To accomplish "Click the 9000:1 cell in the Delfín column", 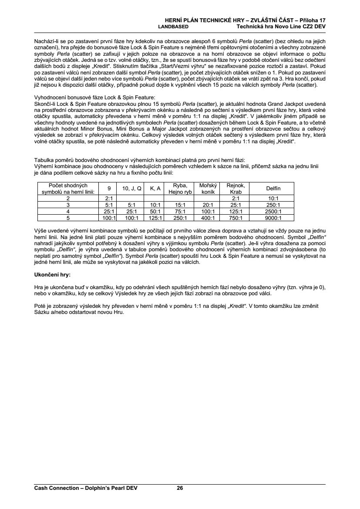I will click(x=273, y=218).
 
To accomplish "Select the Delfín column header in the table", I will click(x=273, y=189).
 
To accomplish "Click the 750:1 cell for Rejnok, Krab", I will click(x=236, y=218).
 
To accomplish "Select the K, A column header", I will click(x=155, y=189).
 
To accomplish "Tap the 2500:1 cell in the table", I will click(x=273, y=211).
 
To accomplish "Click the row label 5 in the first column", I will click(x=68, y=218).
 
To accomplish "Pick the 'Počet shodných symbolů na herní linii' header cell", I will click(x=68, y=189).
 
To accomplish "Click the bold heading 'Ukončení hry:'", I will click(x=52, y=275).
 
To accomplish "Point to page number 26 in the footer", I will click(x=180, y=488).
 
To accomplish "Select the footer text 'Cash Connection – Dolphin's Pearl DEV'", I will click(x=86, y=488).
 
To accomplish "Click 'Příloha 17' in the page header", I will click(x=313, y=20).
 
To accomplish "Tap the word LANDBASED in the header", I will click(x=173, y=26).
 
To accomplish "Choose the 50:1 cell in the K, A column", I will click(x=155, y=211).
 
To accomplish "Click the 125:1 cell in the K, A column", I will click(x=155, y=218).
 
